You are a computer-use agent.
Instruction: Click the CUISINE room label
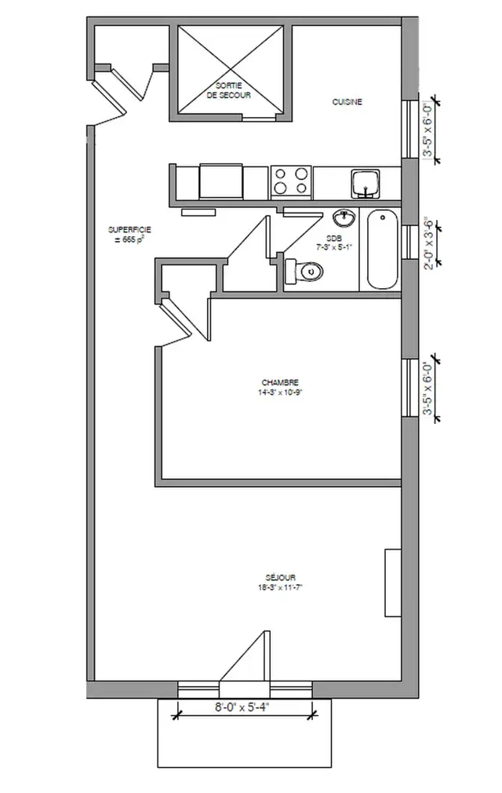click(x=347, y=102)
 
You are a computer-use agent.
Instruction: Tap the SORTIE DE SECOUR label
click(x=228, y=90)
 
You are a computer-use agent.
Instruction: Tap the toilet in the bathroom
click(x=306, y=271)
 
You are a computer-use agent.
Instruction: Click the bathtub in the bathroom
click(x=384, y=250)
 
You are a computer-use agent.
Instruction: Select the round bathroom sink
click(x=343, y=217)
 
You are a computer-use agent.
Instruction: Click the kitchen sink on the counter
click(x=366, y=184)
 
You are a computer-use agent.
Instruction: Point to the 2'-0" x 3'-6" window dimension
click(x=429, y=243)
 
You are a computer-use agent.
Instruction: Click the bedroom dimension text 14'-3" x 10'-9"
click(x=280, y=393)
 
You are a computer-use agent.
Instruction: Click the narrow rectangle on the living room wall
click(x=391, y=583)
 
